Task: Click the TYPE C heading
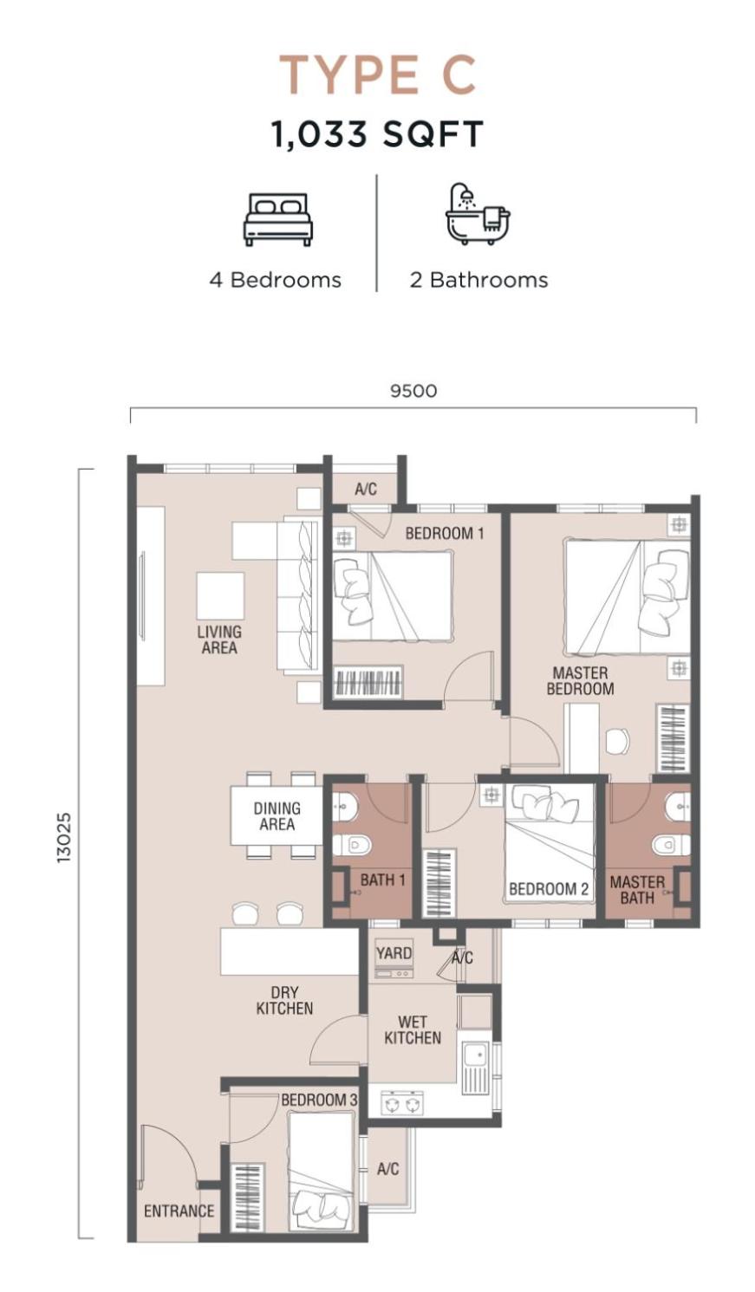[378, 75]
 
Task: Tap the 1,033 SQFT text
[377, 133]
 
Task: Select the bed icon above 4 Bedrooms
[278, 220]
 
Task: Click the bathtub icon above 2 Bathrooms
[478, 215]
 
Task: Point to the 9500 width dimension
[413, 391]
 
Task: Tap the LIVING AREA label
[219, 640]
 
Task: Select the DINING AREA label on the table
[277, 816]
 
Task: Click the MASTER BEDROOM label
[580, 680]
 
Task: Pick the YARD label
[394, 953]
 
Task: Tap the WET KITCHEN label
[413, 1030]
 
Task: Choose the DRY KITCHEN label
[284, 1001]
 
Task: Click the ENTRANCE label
[179, 1211]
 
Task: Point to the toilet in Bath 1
[352, 846]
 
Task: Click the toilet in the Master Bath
[672, 845]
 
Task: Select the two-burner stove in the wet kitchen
[399, 1105]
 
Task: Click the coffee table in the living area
[220, 596]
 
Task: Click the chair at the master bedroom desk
[617, 741]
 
